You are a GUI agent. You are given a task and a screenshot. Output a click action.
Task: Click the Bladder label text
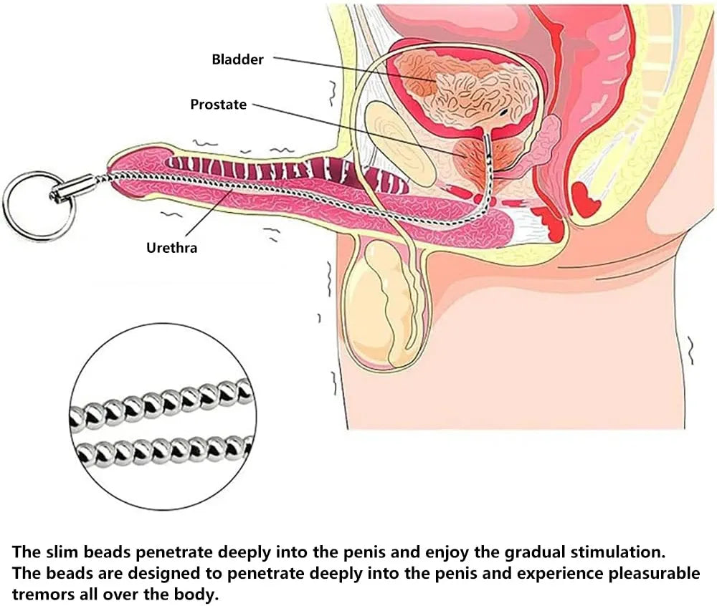click(238, 59)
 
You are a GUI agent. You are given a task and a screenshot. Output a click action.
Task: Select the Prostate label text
click(219, 105)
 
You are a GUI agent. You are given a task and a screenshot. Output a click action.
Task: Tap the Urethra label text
click(172, 248)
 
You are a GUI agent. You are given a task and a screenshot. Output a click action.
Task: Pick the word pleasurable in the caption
click(654, 574)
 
